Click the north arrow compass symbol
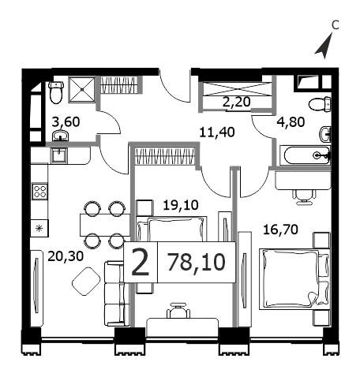click(x=324, y=47)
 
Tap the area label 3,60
click(x=66, y=122)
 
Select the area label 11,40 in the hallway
click(x=217, y=133)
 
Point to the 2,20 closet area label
click(x=237, y=102)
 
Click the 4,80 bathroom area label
click(x=291, y=122)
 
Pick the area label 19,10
click(x=181, y=205)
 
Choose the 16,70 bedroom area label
click(x=280, y=230)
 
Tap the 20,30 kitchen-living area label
click(x=66, y=256)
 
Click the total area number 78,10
click(x=197, y=262)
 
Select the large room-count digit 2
click(x=141, y=263)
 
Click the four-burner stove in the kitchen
click(x=39, y=191)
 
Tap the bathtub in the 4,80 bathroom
click(x=307, y=155)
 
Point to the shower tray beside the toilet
click(x=82, y=89)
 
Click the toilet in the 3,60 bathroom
click(x=56, y=92)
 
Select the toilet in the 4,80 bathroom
click(x=320, y=104)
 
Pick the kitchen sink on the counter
click(x=59, y=155)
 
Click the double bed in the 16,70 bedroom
click(x=294, y=279)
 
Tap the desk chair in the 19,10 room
click(x=178, y=311)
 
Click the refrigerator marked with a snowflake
click(x=39, y=228)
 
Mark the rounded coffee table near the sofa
click(x=86, y=281)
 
